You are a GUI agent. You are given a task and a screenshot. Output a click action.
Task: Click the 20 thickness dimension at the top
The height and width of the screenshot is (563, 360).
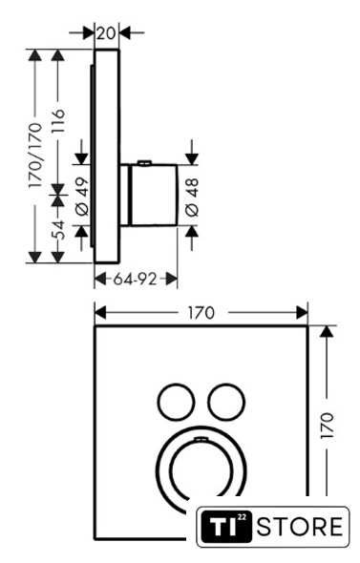tap(106, 33)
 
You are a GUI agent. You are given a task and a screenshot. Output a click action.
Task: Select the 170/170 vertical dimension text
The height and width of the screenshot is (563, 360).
tap(35, 156)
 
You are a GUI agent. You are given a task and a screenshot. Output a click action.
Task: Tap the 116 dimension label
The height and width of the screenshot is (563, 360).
tap(57, 121)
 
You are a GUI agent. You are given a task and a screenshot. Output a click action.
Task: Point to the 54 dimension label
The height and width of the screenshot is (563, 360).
tap(57, 230)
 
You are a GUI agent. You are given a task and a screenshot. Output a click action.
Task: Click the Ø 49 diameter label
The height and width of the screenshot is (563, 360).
tap(83, 196)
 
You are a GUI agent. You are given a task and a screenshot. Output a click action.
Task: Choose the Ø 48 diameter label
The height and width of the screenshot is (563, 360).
tap(193, 198)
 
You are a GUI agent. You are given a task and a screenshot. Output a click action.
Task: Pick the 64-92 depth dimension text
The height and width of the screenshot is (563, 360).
tap(136, 279)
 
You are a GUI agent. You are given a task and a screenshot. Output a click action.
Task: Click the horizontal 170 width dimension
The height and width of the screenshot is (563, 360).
tap(201, 313)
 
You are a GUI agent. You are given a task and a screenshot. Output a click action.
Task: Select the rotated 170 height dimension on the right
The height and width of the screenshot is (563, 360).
tap(328, 426)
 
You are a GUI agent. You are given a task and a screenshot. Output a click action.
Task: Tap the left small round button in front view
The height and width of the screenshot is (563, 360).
tap(176, 402)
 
